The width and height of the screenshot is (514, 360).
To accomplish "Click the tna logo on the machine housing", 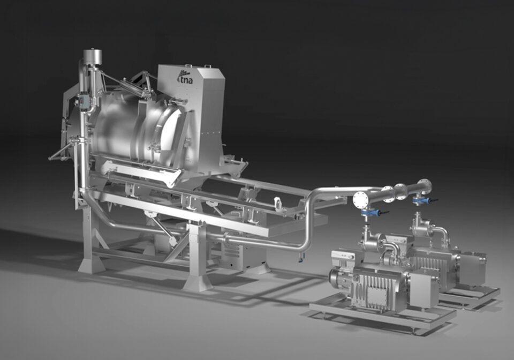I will click(x=183, y=77).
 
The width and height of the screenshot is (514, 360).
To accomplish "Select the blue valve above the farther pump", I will click(x=421, y=201).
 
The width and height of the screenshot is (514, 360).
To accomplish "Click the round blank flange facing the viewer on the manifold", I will click(x=360, y=199).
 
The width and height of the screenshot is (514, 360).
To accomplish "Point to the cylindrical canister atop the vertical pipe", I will click(x=92, y=56).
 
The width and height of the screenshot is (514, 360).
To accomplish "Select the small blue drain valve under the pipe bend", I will click(x=301, y=259).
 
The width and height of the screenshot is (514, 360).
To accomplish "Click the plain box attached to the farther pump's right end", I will click(x=474, y=268).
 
